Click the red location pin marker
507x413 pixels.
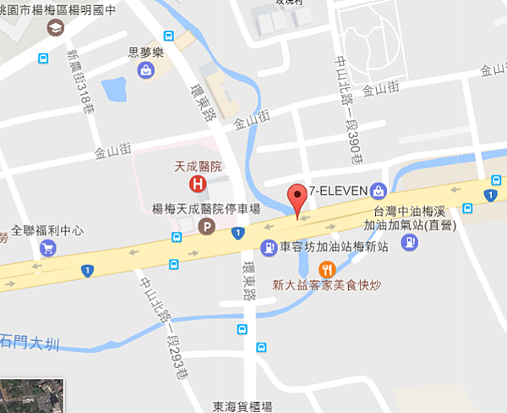[x=297, y=200]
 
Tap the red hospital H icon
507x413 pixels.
[x=198, y=182]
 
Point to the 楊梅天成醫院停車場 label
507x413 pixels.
[x=200, y=208]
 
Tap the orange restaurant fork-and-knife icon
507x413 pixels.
[x=325, y=269]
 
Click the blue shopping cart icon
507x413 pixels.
[x=48, y=248]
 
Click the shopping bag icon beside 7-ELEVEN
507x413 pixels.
[x=377, y=190]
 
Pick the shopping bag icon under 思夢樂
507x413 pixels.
[x=147, y=71]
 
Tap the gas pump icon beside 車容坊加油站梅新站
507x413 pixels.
[x=269, y=248]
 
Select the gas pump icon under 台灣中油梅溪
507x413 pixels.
[x=409, y=242]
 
